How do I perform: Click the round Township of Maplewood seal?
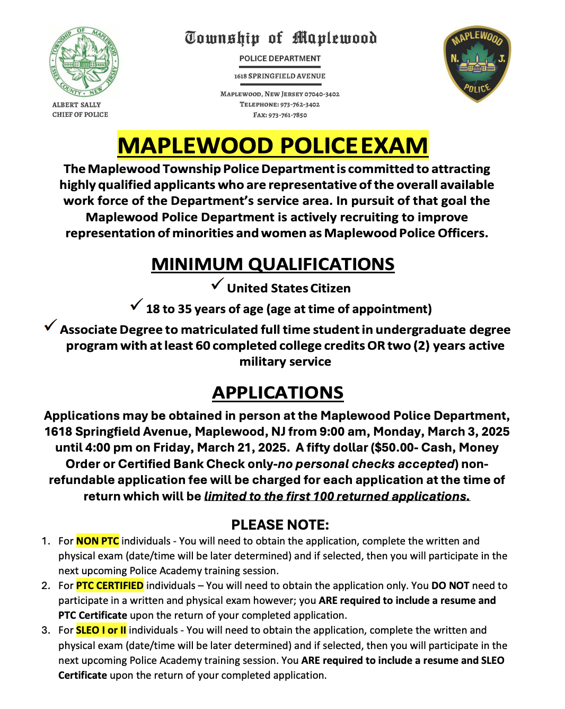pos(84,62)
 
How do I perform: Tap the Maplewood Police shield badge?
pos(477,63)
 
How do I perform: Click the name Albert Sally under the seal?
pos(76,105)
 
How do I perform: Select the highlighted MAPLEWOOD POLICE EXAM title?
pos(272,145)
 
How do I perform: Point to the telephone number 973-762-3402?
pos(299,105)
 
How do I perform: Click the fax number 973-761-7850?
pos(287,115)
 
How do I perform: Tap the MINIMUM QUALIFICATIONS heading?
pos(272,264)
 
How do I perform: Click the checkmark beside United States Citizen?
pos(217,284)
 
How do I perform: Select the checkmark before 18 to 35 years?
pos(136,305)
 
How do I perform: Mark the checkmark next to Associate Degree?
pos(50,325)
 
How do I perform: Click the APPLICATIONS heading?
pos(278,393)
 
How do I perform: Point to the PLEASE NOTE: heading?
pos(280,525)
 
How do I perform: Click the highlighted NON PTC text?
pos(98,541)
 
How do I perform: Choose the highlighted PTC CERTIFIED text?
pos(110,585)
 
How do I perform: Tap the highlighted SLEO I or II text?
pos(101,630)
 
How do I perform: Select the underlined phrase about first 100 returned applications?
pos(337,496)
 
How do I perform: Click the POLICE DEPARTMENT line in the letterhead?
pos(280,58)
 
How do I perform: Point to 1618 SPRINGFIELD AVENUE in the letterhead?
pos(280,76)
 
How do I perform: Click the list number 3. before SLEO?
pos(46,630)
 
